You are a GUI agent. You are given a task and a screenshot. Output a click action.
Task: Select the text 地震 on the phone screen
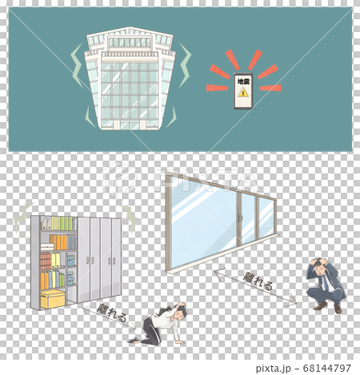[x=243, y=81]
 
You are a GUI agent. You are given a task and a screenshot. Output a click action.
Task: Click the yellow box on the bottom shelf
[x=53, y=299]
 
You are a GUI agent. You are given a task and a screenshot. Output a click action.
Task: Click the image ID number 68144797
[x=317, y=369]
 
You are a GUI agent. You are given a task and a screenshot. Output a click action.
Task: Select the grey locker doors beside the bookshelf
[x=99, y=258]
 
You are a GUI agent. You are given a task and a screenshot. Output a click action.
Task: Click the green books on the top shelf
[x=62, y=223]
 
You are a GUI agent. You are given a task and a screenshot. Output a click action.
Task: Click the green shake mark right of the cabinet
[x=130, y=214]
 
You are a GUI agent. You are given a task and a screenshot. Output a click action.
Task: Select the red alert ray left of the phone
[x=216, y=87]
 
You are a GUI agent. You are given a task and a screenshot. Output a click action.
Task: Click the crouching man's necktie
[x=325, y=281]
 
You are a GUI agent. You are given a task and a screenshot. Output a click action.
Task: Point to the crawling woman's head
[x=181, y=309]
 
